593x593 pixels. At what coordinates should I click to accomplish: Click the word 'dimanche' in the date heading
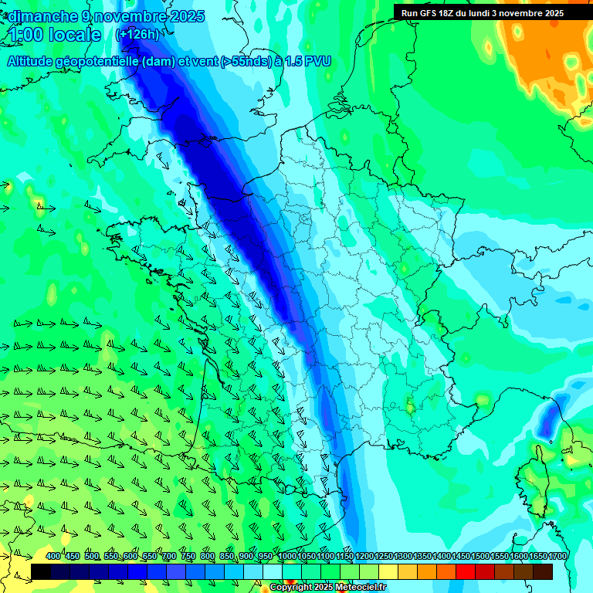tap(43, 16)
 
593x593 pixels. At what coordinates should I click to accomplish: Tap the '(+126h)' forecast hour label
tap(137, 35)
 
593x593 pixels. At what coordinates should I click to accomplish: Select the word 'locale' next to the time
tap(76, 35)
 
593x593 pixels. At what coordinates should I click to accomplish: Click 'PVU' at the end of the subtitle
tap(318, 61)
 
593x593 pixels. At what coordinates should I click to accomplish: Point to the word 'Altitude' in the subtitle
tap(36, 61)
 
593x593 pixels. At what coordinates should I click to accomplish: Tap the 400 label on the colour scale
tap(53, 557)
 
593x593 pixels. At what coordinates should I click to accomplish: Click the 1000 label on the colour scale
tap(287, 557)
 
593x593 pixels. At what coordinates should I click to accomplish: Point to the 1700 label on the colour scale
tap(557, 557)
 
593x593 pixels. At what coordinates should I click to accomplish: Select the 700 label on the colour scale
tap(169, 557)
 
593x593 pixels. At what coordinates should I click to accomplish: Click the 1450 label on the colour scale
tap(461, 557)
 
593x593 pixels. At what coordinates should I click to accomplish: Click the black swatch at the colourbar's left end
tap(41, 571)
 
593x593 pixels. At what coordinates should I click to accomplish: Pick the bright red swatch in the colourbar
tap(466, 571)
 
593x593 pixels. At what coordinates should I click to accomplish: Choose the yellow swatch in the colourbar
tap(388, 571)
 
